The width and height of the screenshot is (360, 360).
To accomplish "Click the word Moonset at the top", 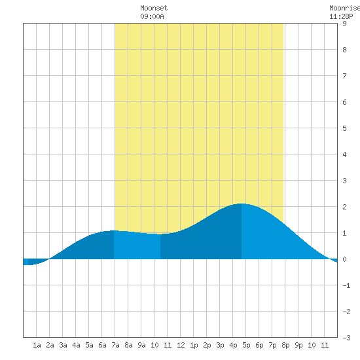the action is pos(154,8).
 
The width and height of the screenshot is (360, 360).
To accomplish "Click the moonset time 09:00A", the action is pos(152,16).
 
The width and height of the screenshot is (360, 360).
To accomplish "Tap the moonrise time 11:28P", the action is pos(341,16).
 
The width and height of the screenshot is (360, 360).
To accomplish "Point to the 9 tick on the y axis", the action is pos(344,24).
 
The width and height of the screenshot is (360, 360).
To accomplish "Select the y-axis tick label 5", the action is pos(344,128).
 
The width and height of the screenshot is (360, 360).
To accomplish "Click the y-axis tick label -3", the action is pos(346,338).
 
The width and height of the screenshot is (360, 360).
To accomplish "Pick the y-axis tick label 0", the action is pos(344,259).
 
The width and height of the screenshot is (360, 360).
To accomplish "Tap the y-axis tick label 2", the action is pos(344,207).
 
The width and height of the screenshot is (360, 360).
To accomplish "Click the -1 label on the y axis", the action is pos(346,285).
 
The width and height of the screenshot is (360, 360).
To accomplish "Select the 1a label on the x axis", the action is pos(37,345).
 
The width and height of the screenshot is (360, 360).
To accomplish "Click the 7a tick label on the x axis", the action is pos(115,345).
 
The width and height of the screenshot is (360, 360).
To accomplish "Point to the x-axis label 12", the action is pos(181,345).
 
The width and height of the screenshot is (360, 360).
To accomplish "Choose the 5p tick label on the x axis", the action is pos(246,345).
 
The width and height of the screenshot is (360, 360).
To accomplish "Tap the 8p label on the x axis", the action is pos(285,345).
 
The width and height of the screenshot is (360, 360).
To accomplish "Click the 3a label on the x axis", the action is pos(63,345).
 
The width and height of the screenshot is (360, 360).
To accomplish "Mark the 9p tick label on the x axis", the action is pos(298,345).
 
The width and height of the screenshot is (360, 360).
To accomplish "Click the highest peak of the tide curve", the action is pos(242,204).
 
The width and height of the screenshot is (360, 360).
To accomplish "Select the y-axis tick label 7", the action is pos(344,76).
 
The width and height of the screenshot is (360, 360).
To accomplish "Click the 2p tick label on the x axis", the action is pos(207,345).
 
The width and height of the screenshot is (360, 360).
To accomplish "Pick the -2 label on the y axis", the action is pos(346,312).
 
